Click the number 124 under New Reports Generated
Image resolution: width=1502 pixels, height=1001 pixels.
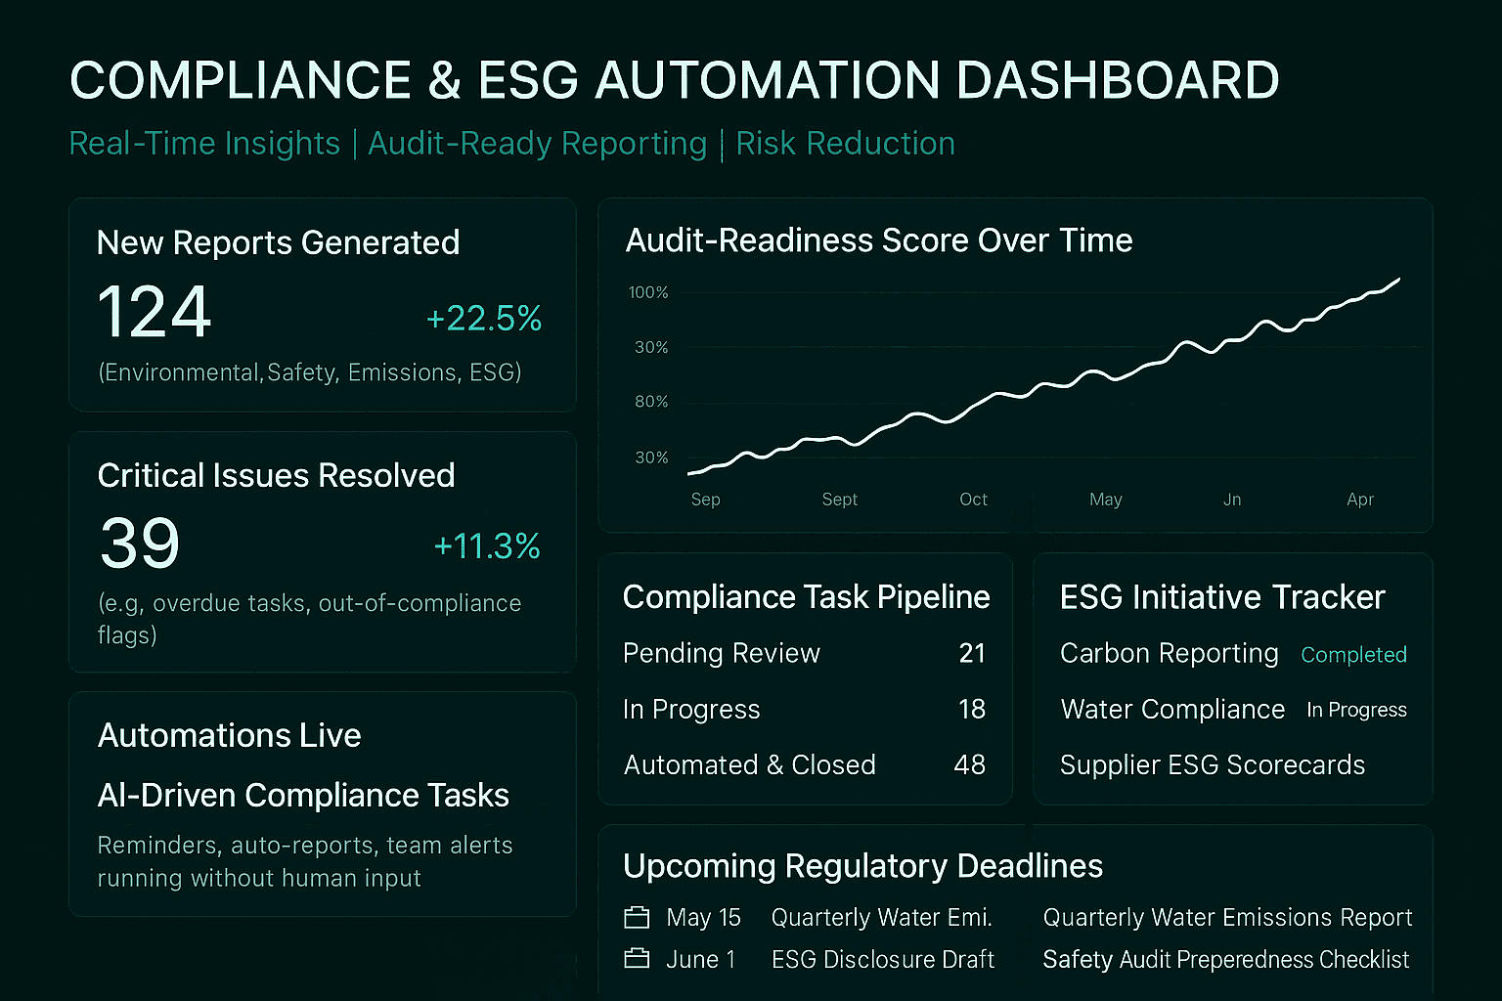[x=155, y=311]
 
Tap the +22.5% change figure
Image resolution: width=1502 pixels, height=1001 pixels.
[x=484, y=319]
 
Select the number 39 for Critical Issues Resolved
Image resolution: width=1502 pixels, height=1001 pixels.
[x=140, y=544]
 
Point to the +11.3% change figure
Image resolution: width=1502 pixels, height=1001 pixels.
[x=487, y=546]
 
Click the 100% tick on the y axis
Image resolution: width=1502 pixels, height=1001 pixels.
[x=648, y=292]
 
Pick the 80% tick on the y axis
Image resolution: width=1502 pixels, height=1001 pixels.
[x=652, y=402]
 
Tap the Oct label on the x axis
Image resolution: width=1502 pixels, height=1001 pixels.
[x=973, y=500]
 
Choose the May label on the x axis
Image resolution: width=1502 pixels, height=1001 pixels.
[x=1106, y=500]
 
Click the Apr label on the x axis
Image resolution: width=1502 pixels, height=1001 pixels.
[x=1360, y=500]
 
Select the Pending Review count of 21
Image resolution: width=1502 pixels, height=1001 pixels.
[x=972, y=653]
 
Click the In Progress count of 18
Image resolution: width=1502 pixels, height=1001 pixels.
[x=972, y=709]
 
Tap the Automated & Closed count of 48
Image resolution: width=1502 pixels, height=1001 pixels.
[x=970, y=765]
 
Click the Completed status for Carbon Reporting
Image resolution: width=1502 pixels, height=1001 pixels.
[x=1353, y=655]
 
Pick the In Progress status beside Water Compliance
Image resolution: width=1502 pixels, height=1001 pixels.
[x=1356, y=710]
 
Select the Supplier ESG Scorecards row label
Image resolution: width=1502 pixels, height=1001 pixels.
[x=1213, y=765]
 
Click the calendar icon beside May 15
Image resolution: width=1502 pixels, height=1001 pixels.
[x=637, y=917]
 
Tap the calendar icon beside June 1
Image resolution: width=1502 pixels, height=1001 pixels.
[x=637, y=959]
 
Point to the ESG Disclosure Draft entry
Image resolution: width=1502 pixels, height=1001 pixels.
[x=883, y=959]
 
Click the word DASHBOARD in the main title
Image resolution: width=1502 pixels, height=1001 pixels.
[x=1118, y=80]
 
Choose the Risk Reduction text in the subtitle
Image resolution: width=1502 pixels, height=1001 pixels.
[x=846, y=144]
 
